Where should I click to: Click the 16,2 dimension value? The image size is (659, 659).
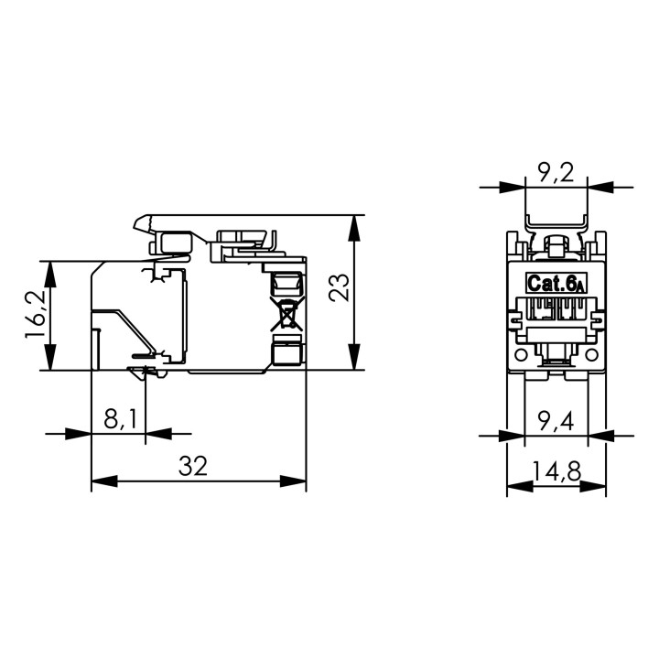tap(35, 314)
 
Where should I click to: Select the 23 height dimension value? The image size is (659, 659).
tap(339, 287)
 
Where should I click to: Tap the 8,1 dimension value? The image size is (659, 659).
tap(120, 419)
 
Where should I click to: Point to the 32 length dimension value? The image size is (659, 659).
tap(193, 466)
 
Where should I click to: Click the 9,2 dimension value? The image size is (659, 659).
tap(556, 172)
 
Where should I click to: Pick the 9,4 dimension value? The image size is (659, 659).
tap(556, 422)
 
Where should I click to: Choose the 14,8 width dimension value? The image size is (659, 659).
tap(556, 470)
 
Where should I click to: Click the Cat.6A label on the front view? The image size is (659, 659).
tap(556, 283)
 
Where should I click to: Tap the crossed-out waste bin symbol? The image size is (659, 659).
tap(287, 314)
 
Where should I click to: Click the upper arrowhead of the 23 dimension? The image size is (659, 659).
tap(355, 228)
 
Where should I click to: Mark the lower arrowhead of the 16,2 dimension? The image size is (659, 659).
tap(50, 357)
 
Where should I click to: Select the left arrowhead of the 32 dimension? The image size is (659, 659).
tap(104, 481)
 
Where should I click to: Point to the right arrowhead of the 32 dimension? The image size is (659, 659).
tap(293, 481)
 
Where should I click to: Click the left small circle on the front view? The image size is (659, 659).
tap(521, 355)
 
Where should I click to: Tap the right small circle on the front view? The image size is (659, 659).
tap(592, 355)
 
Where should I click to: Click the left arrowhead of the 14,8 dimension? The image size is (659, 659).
tap(520, 486)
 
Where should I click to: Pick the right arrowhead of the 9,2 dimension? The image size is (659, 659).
tap(600, 187)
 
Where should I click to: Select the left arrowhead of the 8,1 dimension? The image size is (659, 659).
tap(78, 434)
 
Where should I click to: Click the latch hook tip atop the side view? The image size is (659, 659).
tap(135, 227)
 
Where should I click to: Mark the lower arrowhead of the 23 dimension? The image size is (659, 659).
tap(355, 357)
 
